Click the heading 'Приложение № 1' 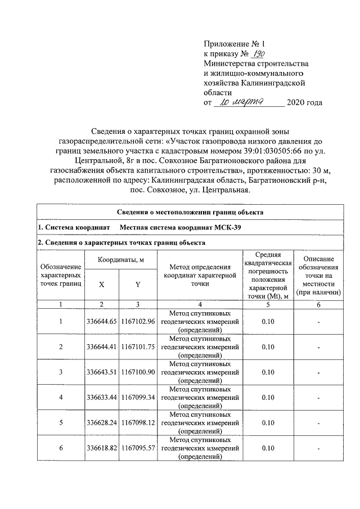(x=233, y=43)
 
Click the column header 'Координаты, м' (x=120, y=260)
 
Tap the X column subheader (x=101, y=285)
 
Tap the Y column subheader (x=137, y=285)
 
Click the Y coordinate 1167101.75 (x=137, y=346)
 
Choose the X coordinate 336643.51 (x=101, y=372)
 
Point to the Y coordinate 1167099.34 (x=137, y=397)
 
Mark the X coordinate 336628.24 (x=101, y=422)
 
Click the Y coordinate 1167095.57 (x=137, y=448)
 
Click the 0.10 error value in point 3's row (x=268, y=372)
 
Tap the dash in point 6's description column (x=318, y=448)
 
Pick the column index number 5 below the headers (x=268, y=304)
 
